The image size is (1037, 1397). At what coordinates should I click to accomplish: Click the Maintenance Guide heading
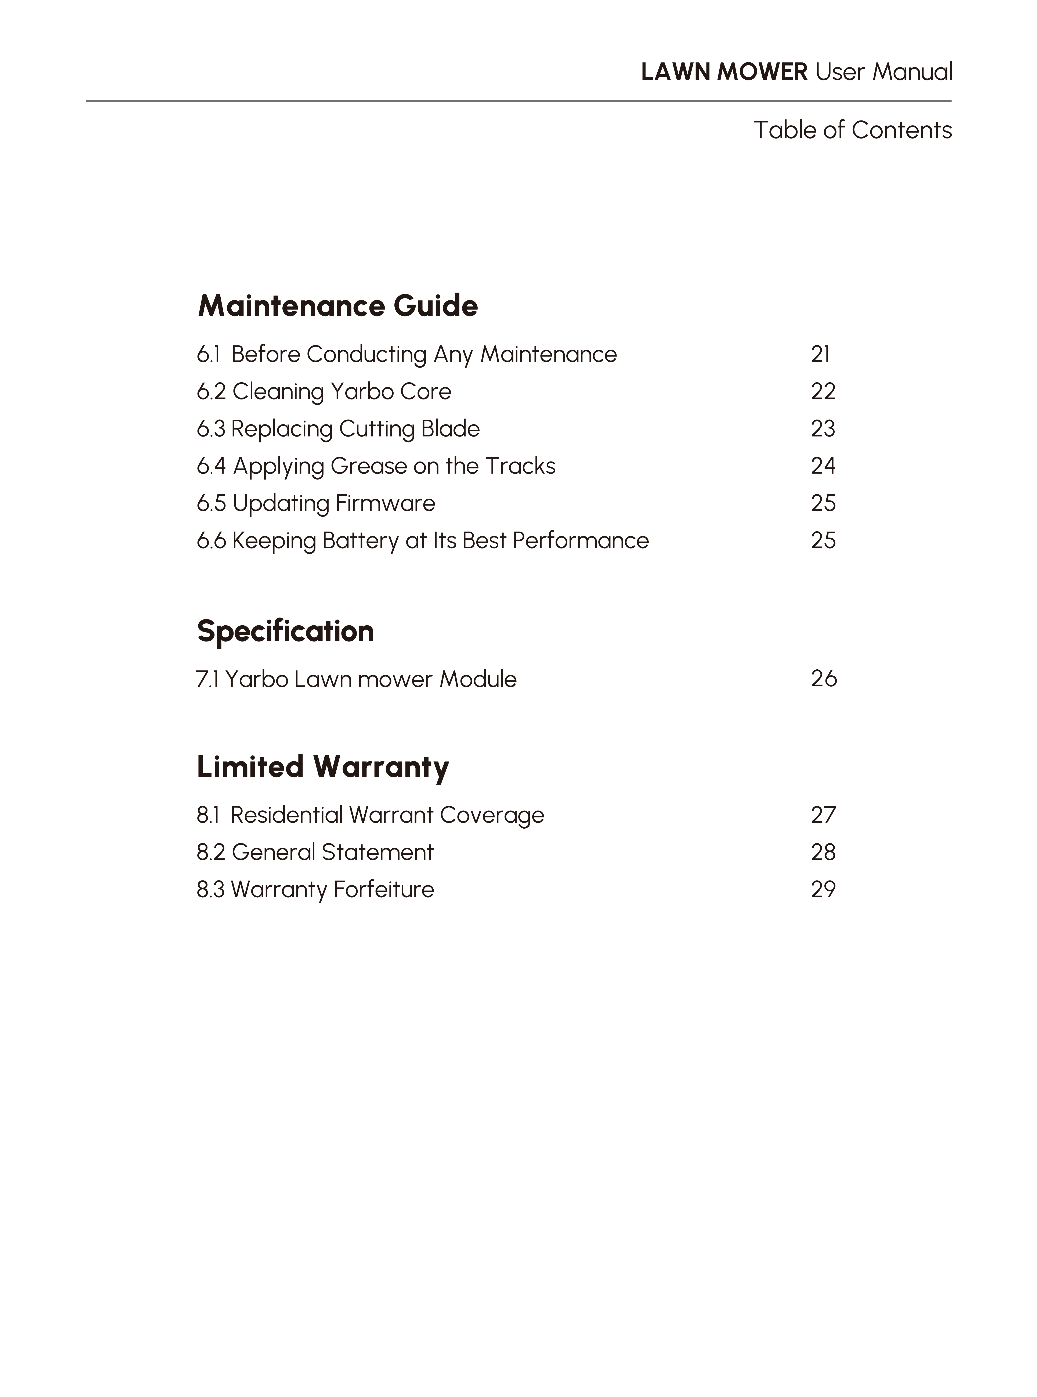pyautogui.click(x=338, y=306)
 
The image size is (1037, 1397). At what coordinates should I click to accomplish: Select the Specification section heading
pyautogui.click(x=286, y=631)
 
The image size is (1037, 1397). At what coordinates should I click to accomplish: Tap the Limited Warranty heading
pyautogui.click(x=323, y=767)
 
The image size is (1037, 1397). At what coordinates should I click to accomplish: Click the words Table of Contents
pyautogui.click(x=852, y=131)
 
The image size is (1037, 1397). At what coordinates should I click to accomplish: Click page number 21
pyautogui.click(x=820, y=355)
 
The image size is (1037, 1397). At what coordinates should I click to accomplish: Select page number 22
pyautogui.click(x=823, y=392)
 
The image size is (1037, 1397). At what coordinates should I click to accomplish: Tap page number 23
pyautogui.click(x=823, y=429)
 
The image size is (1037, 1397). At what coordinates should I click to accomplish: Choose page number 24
pyautogui.click(x=823, y=466)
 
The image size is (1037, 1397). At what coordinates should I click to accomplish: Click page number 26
pyautogui.click(x=824, y=679)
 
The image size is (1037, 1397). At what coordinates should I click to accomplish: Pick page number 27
pyautogui.click(x=823, y=815)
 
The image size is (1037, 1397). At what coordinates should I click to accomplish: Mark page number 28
pyautogui.click(x=823, y=852)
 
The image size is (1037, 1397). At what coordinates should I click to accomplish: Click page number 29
pyautogui.click(x=823, y=889)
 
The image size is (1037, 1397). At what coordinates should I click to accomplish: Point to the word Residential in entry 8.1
pyautogui.click(x=286, y=815)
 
